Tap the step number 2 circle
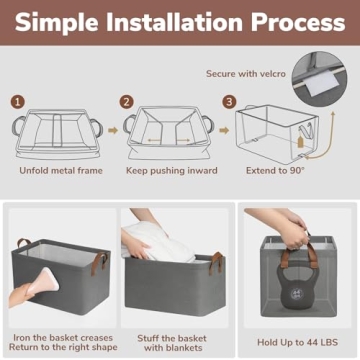point(126,102)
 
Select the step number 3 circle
point(229,102)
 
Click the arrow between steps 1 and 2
point(113,130)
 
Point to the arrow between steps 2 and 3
point(224,130)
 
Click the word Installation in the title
point(173,22)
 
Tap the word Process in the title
point(298,22)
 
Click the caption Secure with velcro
point(246,74)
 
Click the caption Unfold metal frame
point(61,171)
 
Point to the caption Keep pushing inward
point(172,171)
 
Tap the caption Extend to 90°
point(275,171)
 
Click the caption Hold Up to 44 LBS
point(297,342)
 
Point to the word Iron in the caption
point(22,338)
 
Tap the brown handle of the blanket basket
point(216,262)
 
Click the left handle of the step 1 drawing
point(18,125)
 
